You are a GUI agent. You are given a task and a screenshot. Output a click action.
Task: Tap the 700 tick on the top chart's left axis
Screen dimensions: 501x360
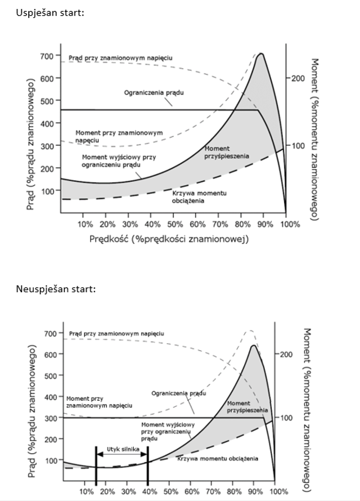(x=46, y=56)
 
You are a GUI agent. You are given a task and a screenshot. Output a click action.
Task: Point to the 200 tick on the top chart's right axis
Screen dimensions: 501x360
(x=296, y=78)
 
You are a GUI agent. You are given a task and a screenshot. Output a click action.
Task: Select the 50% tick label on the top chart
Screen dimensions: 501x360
(x=175, y=224)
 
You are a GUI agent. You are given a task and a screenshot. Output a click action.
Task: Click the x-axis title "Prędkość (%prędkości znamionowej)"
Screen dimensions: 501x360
(x=169, y=239)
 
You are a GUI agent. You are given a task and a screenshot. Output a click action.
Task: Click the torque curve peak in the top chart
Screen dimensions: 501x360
(x=260, y=54)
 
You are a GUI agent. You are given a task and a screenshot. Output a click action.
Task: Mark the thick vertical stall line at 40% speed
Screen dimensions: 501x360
(x=148, y=466)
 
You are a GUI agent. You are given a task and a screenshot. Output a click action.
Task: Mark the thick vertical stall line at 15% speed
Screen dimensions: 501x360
(x=96, y=466)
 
